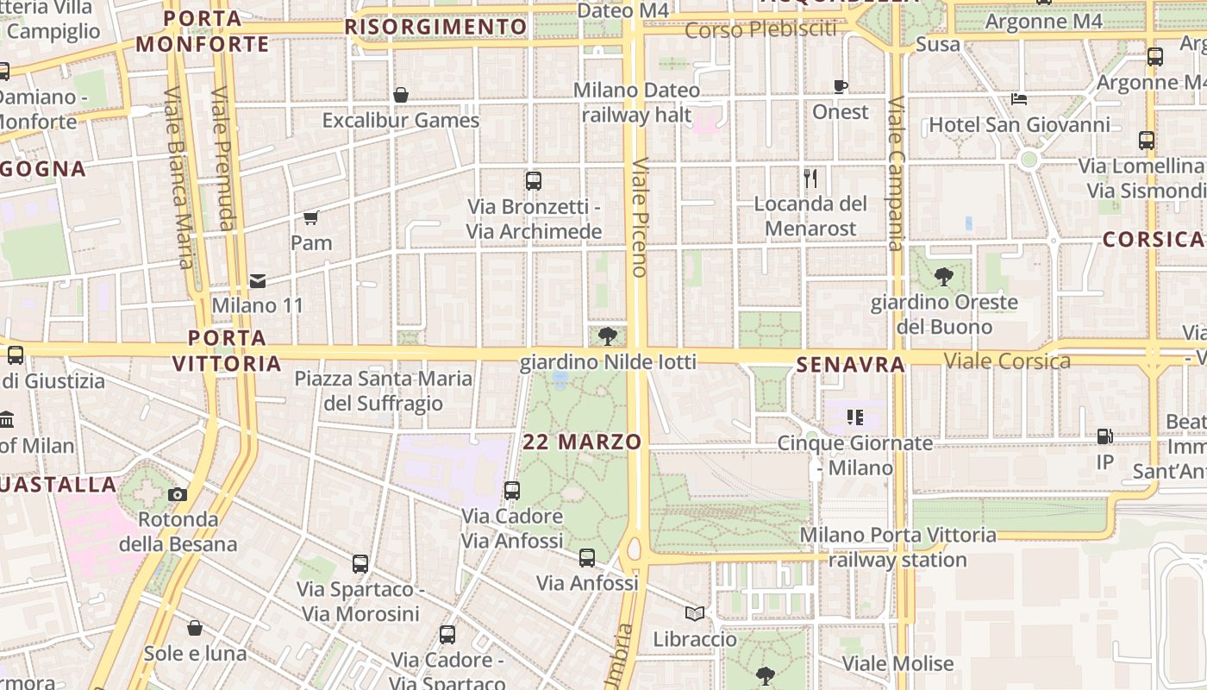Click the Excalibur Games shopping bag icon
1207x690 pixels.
click(x=401, y=95)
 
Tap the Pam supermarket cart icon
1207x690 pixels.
click(x=311, y=217)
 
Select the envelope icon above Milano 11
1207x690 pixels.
click(x=258, y=280)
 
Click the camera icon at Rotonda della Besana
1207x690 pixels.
click(x=178, y=494)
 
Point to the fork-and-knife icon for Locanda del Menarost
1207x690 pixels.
click(x=810, y=179)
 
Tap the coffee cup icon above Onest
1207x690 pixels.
click(x=841, y=86)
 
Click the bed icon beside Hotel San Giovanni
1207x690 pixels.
click(x=1019, y=99)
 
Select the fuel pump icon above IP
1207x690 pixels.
click(x=1104, y=436)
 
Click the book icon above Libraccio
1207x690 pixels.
click(x=695, y=613)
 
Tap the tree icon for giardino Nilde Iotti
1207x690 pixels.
click(x=608, y=336)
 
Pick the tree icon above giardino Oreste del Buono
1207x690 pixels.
click(x=944, y=277)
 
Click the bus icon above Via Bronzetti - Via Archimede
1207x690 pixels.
click(x=534, y=181)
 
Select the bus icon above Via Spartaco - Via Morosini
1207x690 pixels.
click(x=360, y=564)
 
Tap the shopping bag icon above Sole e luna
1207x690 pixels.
click(x=196, y=628)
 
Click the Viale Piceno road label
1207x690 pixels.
click(x=639, y=217)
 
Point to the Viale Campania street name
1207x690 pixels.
click(x=896, y=172)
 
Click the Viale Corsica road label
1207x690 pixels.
click(x=1007, y=361)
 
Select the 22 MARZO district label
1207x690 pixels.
click(x=583, y=442)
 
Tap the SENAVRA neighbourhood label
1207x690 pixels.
click(x=850, y=365)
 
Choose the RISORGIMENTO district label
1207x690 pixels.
click(x=435, y=27)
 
